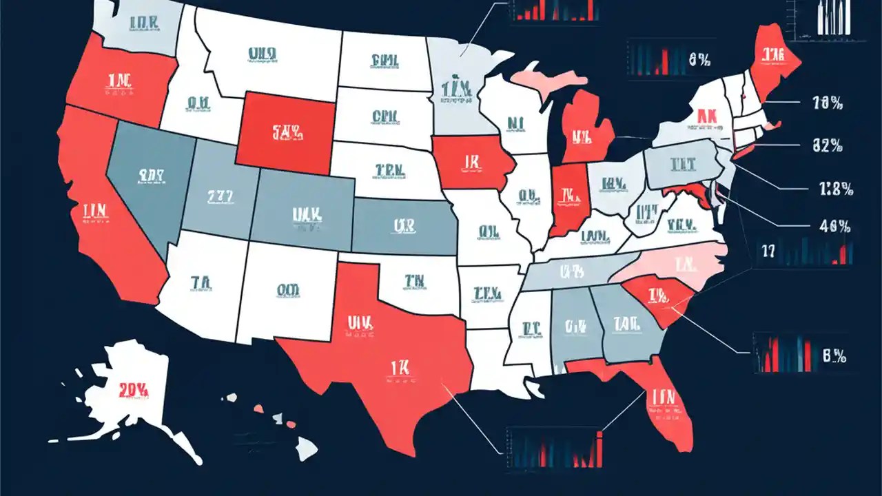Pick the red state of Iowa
point(470,163)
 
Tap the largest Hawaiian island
point(306,449)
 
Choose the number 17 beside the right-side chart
point(768,251)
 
